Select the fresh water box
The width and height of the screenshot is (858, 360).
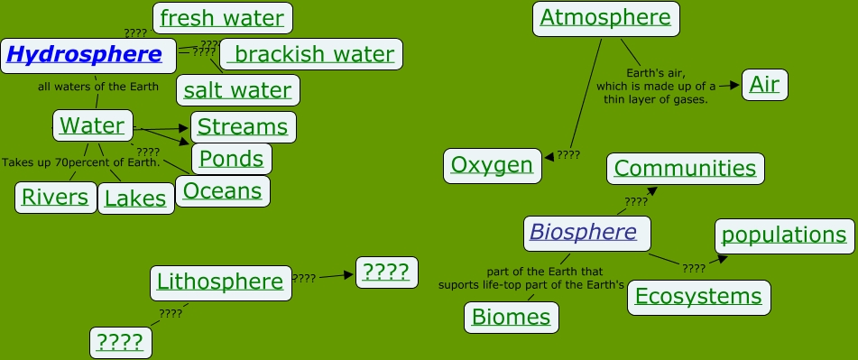click(222, 17)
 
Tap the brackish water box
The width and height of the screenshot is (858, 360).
click(312, 54)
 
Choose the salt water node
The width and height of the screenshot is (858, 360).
click(238, 90)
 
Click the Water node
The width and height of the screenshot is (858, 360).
click(93, 125)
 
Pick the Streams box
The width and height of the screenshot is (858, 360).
click(243, 127)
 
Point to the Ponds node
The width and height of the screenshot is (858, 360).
click(232, 159)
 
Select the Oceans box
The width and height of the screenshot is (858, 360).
click(223, 190)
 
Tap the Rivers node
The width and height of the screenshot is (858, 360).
click(55, 197)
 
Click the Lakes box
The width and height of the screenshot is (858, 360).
click(136, 198)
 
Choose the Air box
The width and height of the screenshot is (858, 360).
click(765, 86)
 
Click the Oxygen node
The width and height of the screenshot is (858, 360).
click(492, 165)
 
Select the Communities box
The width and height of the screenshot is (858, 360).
click(685, 169)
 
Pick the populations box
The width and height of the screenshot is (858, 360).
click(784, 235)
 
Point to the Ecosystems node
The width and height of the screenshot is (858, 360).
click(698, 296)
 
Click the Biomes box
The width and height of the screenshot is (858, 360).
click(511, 317)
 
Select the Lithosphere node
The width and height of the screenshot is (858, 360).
click(220, 282)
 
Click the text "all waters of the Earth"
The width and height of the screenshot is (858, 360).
click(98, 88)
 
